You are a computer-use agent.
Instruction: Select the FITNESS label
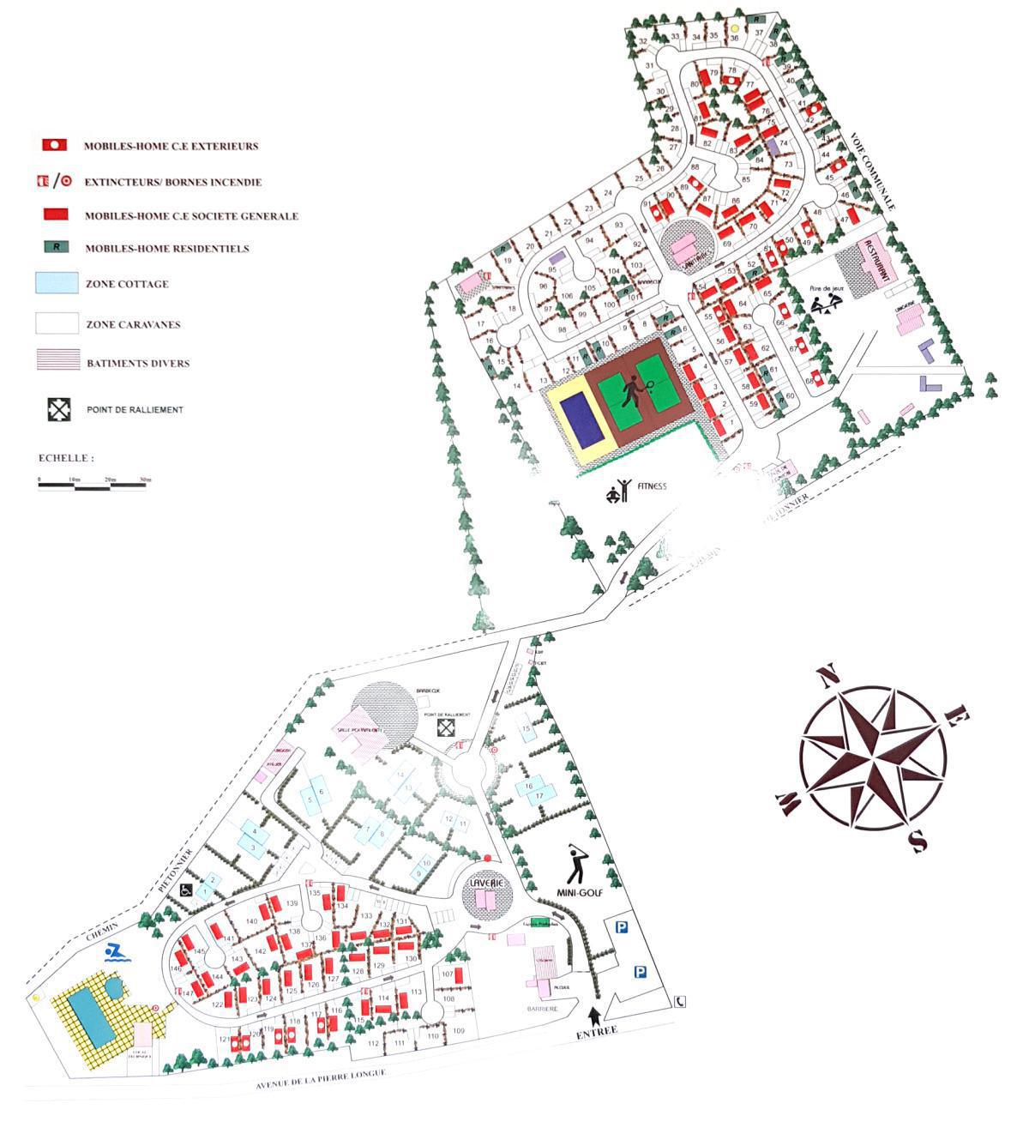pos(651,486)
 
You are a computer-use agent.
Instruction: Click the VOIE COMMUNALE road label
pos(874,172)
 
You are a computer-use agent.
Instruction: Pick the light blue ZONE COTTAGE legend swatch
pos(57,283)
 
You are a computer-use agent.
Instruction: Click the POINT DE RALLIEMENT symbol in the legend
pos(58,409)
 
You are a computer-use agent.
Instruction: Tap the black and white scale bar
pos(94,486)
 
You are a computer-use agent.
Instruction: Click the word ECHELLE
pos(65,458)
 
